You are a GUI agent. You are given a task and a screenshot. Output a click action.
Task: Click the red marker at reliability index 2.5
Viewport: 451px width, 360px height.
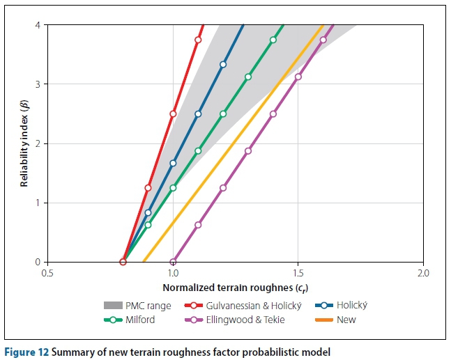[x=173, y=114]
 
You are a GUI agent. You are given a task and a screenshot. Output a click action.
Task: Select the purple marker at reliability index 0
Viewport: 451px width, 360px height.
[x=173, y=262]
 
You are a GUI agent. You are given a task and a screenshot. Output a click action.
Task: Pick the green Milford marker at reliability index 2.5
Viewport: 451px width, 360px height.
[x=223, y=114]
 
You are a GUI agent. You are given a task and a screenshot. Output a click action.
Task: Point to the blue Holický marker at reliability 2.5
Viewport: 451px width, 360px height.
[x=198, y=114]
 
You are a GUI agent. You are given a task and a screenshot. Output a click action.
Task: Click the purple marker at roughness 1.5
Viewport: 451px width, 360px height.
[x=298, y=77]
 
